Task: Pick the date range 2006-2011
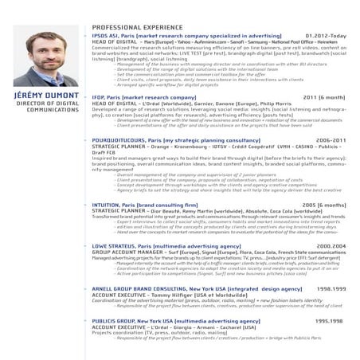pyautogui.click(x=331, y=139)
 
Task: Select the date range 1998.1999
pyautogui.click(x=331, y=288)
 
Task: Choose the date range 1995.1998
pyautogui.click(x=330, y=320)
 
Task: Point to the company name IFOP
pyautogui.click(x=100, y=97)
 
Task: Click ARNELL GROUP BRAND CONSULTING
pyautogui.click(x=140, y=288)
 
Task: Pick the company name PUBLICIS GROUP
pyautogui.click(x=112, y=320)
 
